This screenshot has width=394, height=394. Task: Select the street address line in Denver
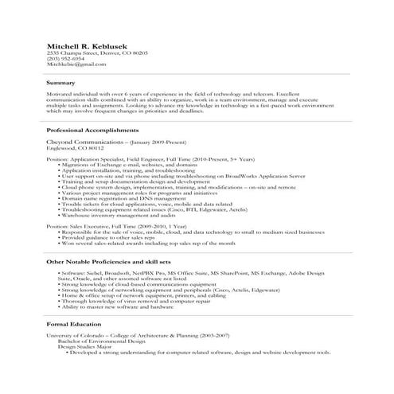tap(97, 52)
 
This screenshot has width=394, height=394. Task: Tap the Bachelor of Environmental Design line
tap(103, 342)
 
